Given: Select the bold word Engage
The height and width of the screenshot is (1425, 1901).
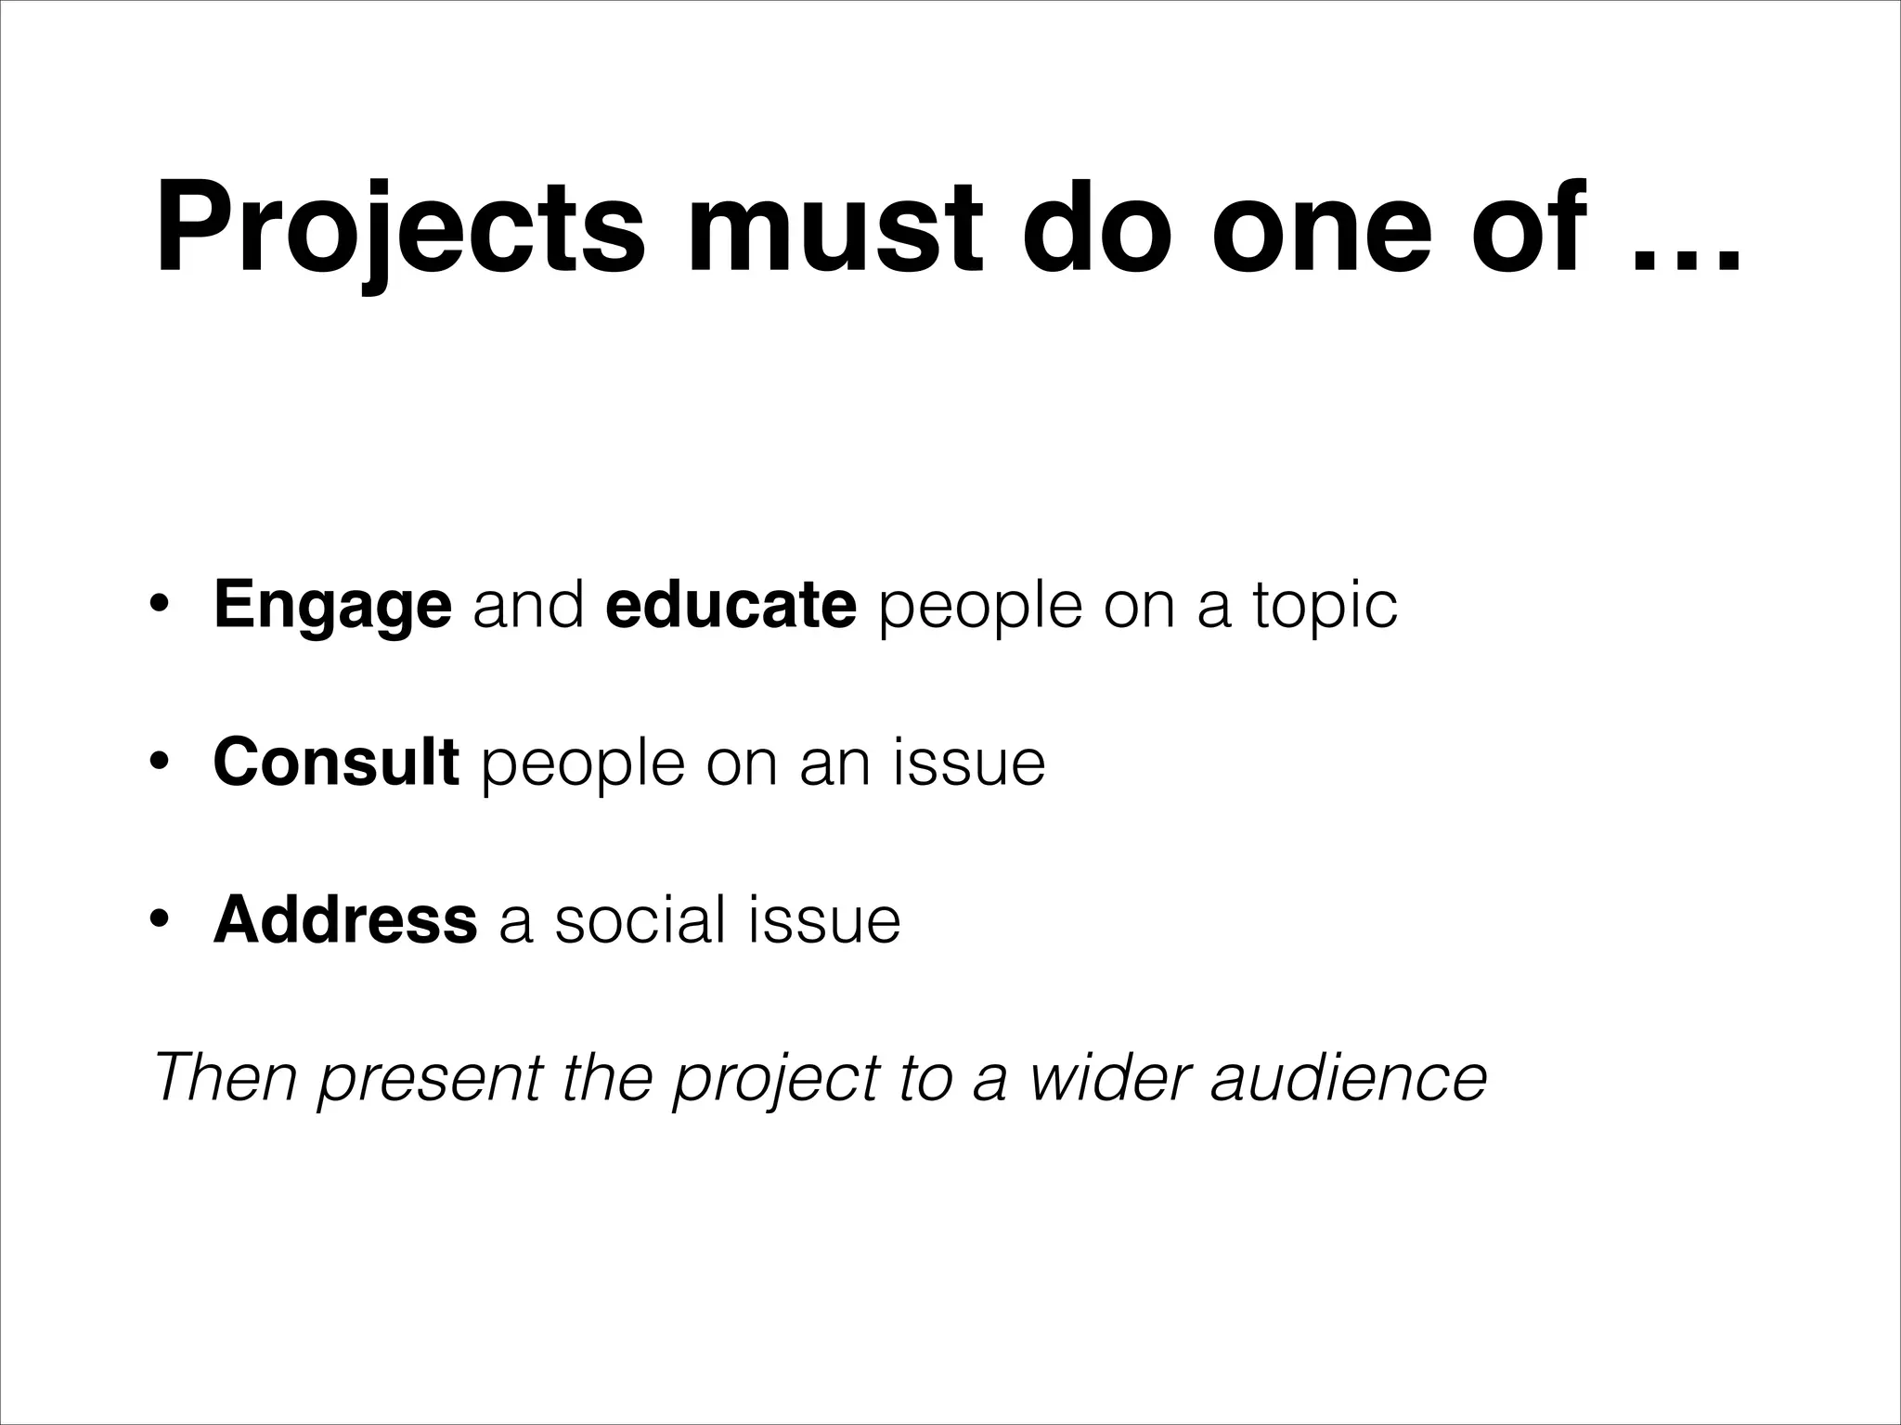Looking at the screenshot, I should click(x=332, y=606).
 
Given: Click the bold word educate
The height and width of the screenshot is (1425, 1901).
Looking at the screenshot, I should click(x=731, y=606).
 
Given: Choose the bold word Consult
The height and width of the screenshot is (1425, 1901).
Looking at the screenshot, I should click(x=336, y=762).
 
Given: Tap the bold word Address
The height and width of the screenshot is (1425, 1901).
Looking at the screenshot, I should click(x=345, y=919).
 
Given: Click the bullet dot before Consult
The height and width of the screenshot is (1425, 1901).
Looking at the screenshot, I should click(x=159, y=764).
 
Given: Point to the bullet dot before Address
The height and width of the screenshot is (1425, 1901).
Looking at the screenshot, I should click(x=159, y=921).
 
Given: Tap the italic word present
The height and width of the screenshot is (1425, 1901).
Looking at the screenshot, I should click(x=430, y=1079).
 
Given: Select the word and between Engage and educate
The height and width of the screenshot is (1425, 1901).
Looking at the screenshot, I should click(x=528, y=606).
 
